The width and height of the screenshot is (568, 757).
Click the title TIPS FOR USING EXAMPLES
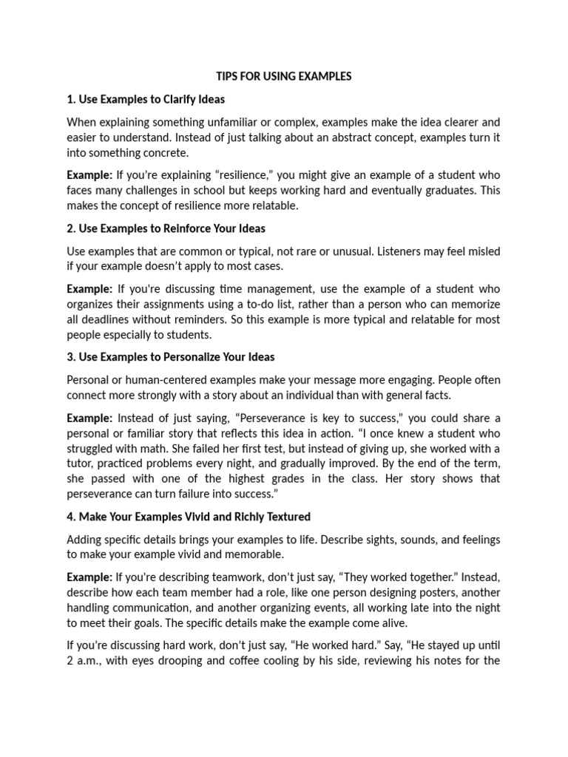click(283, 76)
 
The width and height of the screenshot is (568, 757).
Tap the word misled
click(482, 251)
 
